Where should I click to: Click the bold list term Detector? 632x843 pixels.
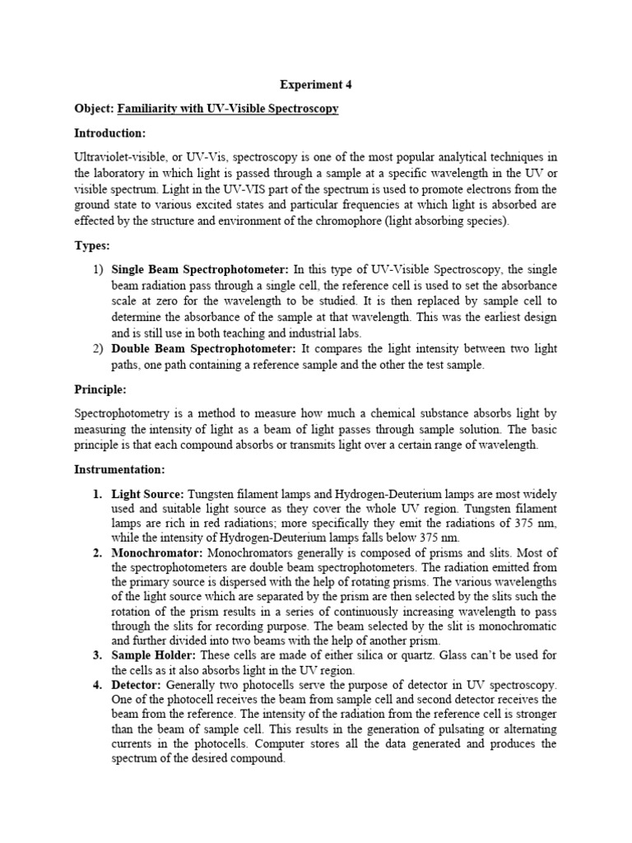137,685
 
